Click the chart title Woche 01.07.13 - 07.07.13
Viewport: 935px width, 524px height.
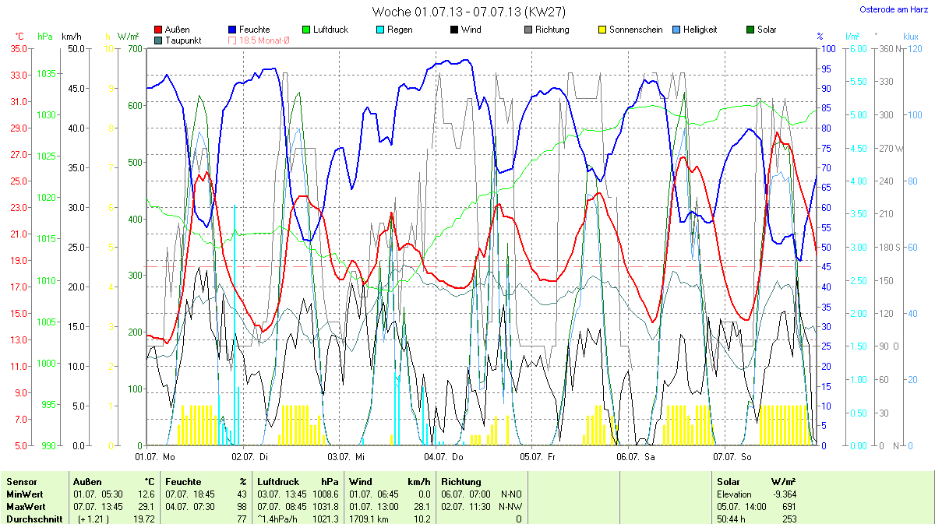(x=468, y=12)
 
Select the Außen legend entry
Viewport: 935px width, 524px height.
(x=177, y=30)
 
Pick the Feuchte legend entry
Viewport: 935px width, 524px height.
(x=254, y=30)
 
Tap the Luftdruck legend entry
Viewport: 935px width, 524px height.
(x=330, y=30)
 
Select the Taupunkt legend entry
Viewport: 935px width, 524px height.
(x=184, y=40)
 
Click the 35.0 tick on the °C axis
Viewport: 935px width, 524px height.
(x=17, y=48)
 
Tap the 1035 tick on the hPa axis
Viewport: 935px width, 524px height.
(x=46, y=74)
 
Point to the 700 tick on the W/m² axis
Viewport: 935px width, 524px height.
(x=135, y=48)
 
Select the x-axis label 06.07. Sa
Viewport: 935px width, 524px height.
(x=635, y=456)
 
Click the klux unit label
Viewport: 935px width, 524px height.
(x=911, y=37)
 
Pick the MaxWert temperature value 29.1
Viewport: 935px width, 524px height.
(x=146, y=506)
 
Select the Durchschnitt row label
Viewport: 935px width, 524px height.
(x=34, y=518)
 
